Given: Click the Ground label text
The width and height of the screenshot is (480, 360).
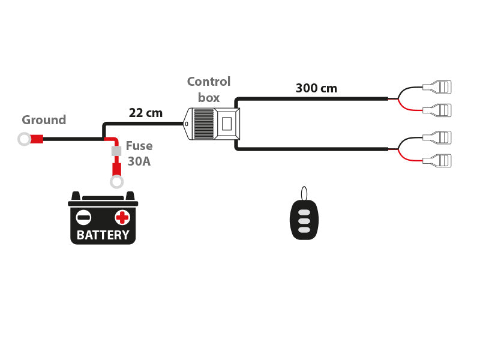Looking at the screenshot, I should point(44,120).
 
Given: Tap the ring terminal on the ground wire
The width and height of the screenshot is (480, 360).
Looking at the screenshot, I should point(24,139).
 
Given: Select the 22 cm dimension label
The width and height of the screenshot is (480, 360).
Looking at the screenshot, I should point(146,113).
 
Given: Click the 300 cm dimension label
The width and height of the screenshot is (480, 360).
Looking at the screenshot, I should point(316,88).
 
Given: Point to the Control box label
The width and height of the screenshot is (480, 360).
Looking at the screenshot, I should point(208,89).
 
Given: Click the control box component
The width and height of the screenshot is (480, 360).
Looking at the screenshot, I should point(213,124).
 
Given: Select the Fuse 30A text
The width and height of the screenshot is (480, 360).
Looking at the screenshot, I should point(139,154).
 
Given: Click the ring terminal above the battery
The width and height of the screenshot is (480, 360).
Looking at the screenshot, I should point(116,182).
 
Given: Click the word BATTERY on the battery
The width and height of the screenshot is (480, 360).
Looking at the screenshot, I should point(103,235).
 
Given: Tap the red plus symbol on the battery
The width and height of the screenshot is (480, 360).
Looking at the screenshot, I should point(122,217).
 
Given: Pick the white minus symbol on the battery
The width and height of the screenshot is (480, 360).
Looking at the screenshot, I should point(84,217).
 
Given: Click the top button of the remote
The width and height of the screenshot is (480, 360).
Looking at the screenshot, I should point(304,212).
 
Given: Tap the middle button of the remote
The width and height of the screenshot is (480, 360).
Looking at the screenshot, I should point(304,221).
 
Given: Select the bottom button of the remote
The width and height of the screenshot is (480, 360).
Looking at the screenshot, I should point(304,230).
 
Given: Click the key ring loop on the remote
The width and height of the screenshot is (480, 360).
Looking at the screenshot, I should point(304,193).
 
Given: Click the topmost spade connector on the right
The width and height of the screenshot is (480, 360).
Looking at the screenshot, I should point(438,87).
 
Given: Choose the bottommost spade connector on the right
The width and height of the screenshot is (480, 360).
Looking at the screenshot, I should point(438,160).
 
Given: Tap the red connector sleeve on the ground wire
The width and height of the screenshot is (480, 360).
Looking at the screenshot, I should point(37,139).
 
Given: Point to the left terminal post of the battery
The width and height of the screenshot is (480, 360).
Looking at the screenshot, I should point(76,196).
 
